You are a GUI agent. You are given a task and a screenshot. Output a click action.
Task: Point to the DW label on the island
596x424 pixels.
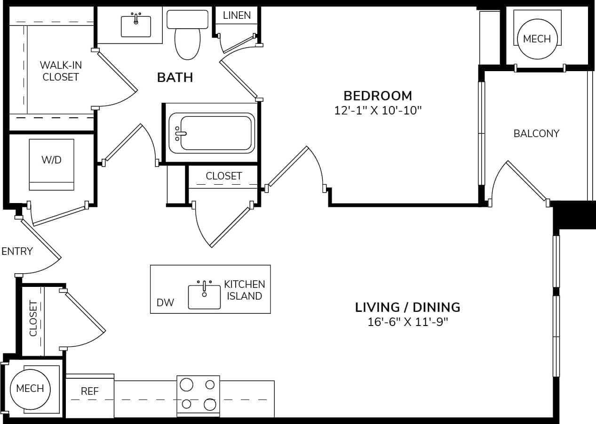(165, 302)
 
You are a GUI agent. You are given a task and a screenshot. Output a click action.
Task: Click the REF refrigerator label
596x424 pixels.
(90, 391)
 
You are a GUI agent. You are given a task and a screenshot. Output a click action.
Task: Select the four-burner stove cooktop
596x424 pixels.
(198, 395)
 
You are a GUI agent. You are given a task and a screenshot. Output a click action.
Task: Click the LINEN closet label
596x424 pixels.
(237, 15)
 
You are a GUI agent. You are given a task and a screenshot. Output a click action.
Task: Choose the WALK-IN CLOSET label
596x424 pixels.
(60, 71)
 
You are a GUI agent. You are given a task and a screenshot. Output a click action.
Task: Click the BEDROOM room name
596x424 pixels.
(378, 96)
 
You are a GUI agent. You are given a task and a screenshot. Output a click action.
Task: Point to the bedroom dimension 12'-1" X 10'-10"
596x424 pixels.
(378, 111)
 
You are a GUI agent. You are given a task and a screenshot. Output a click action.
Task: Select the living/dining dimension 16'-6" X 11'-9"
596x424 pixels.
(407, 322)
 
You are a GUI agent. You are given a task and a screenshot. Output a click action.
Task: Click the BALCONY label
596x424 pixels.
(536, 133)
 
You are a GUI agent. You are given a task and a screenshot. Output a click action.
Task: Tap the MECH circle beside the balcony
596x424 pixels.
(537, 39)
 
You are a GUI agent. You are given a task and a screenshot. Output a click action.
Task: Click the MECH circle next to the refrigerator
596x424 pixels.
(30, 389)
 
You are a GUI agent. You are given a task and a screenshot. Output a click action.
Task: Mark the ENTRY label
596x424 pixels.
(17, 251)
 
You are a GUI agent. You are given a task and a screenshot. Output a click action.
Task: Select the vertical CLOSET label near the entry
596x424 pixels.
(33, 319)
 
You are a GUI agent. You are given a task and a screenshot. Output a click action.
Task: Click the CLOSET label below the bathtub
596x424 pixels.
(223, 176)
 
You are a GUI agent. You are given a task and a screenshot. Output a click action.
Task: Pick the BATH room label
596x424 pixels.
(175, 77)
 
